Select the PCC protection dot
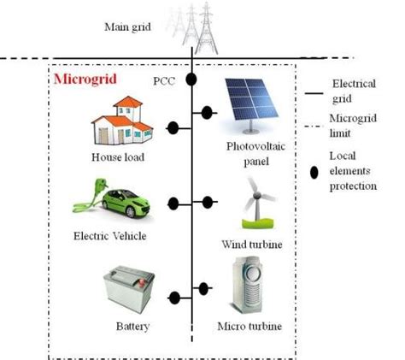point(192,80)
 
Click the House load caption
point(117,157)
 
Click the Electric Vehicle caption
point(109,235)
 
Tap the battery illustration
point(128,290)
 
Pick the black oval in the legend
point(314,170)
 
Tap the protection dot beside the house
point(173,128)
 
